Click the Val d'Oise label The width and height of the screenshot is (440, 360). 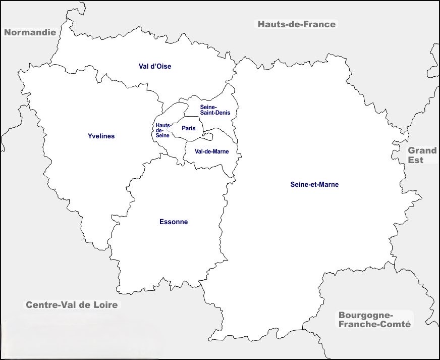pos(155,66)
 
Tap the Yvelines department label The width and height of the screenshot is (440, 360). pos(101,136)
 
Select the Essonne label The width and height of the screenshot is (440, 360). pos(173,222)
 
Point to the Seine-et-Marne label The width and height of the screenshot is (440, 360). pos(314,184)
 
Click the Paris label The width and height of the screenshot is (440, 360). pos(189,128)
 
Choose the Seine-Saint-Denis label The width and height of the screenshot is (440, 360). pos(215,110)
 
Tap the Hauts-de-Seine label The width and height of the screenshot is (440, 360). pos(163,130)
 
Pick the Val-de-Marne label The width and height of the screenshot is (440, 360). pos(211,151)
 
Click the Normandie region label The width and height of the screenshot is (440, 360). pos(29,32)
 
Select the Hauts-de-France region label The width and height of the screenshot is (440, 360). pos(296,24)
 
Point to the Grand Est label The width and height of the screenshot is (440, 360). pos(422,155)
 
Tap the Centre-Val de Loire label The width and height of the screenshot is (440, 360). pos(71,304)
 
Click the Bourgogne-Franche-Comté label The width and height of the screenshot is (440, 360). pos(374,319)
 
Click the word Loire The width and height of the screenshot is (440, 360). pos(105,304)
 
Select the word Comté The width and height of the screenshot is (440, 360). pos(396,324)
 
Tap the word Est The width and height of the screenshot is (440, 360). pos(416,160)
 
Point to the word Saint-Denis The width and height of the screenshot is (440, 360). pos(215,113)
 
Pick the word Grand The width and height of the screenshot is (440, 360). pos(422,150)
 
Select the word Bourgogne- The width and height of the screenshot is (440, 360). pos(365,314)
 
